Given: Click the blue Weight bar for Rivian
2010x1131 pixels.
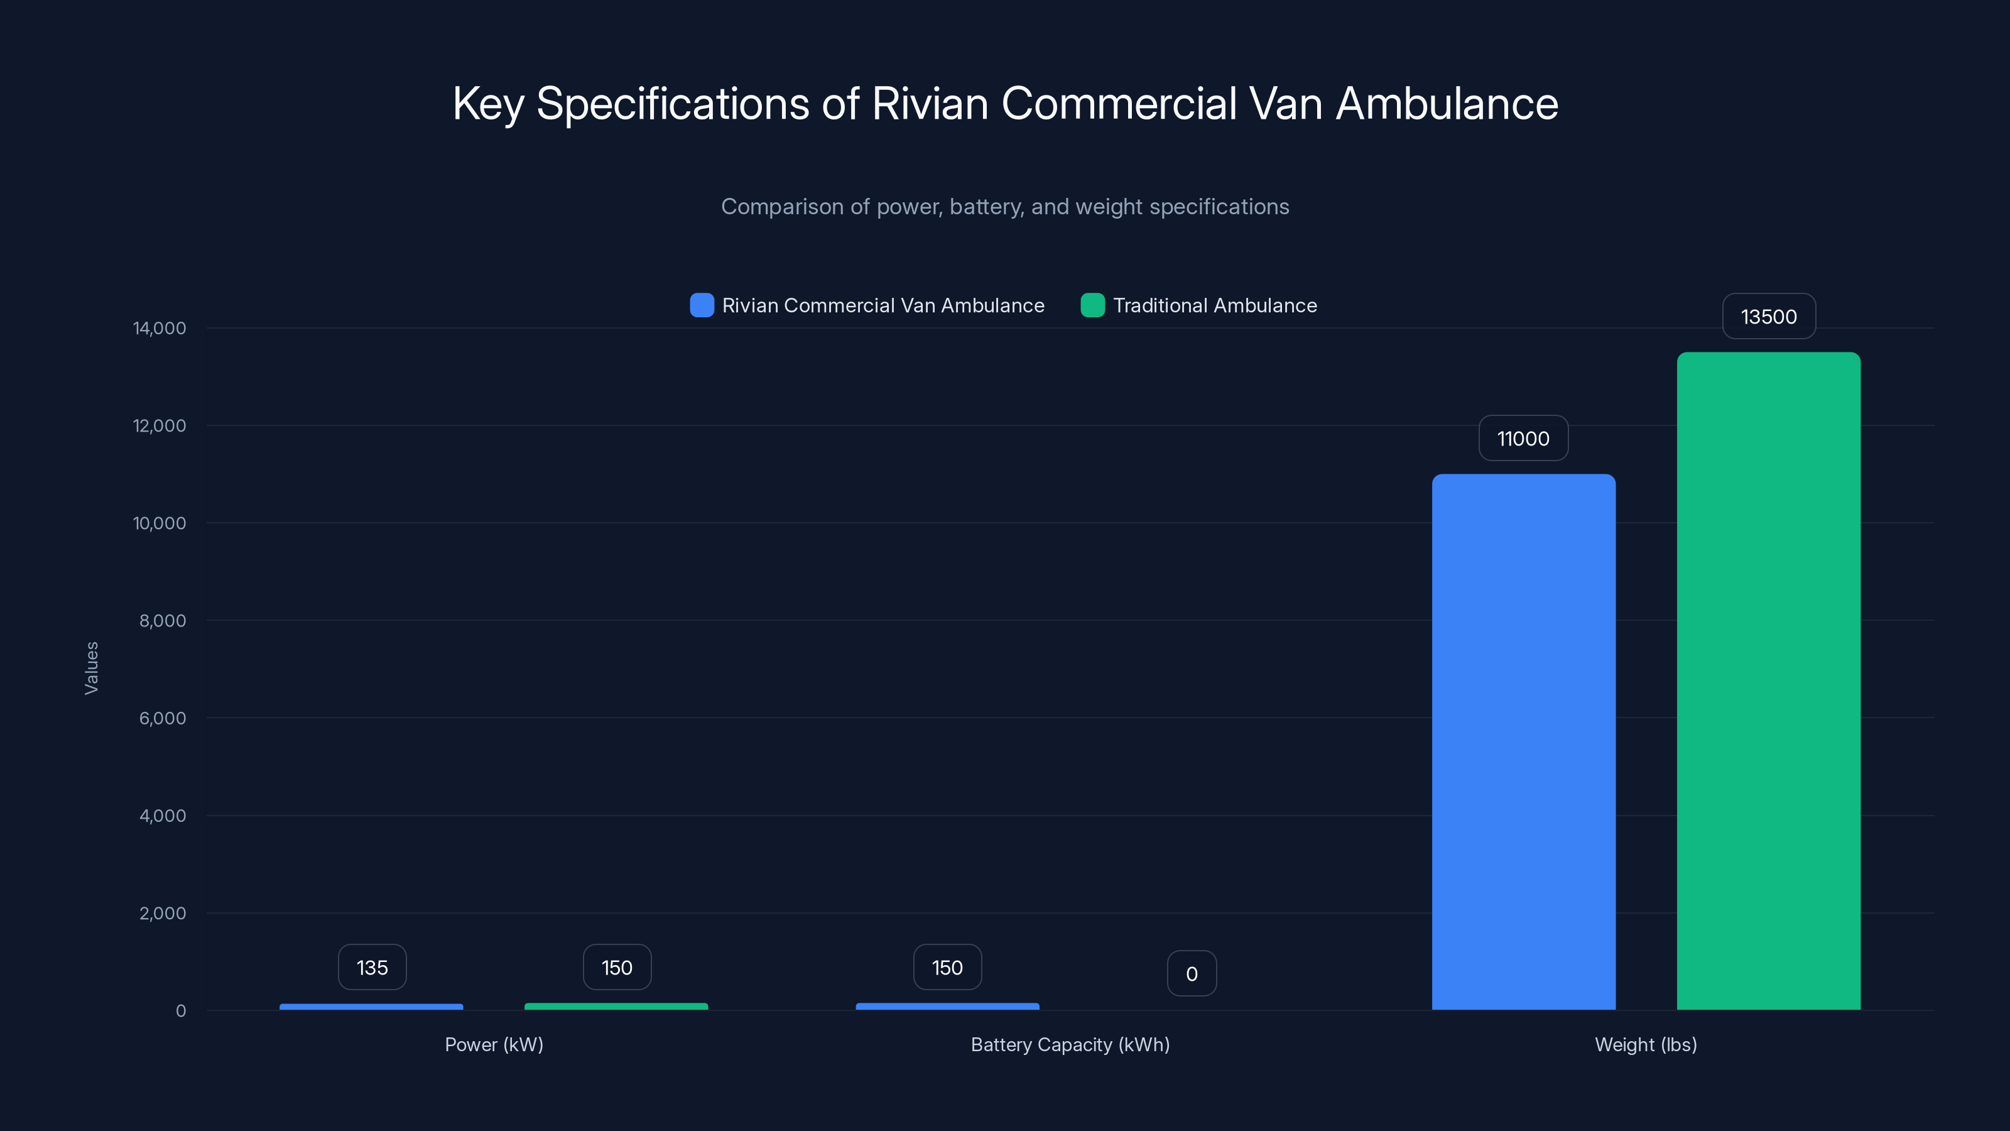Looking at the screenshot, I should [x=1523, y=741].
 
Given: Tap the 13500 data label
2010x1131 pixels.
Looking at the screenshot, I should [x=1768, y=316].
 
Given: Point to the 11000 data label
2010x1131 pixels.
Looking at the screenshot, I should [x=1523, y=438].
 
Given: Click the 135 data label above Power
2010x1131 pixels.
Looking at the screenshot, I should [x=372, y=967].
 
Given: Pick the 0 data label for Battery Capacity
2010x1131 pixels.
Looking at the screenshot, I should [x=1192, y=973].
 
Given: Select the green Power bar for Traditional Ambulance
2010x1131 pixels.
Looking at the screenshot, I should [x=616, y=1006].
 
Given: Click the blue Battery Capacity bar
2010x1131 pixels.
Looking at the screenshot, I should [x=947, y=1006].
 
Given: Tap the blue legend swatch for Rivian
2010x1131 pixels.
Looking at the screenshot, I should [x=702, y=305].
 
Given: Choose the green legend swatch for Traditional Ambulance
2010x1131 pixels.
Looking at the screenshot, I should [x=1092, y=305].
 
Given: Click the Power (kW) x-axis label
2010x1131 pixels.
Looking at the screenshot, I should [x=494, y=1044].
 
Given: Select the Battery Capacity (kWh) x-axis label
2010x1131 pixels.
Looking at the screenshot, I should [x=1070, y=1044].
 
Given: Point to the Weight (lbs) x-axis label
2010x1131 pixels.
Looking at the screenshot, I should [x=1646, y=1044].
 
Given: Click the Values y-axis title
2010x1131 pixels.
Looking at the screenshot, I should [x=91, y=668].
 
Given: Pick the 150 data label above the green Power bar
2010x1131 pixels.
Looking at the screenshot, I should [x=616, y=967].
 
